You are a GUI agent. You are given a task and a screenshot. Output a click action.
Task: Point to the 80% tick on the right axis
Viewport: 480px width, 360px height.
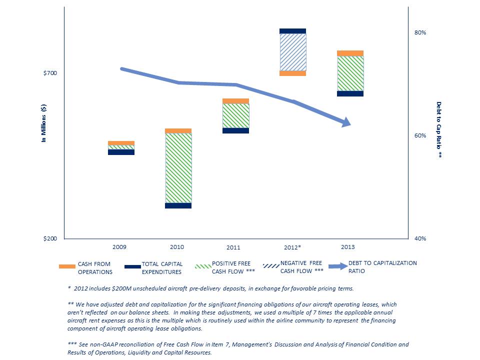(x=420, y=32)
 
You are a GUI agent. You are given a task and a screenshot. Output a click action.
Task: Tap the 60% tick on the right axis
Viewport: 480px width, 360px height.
(x=420, y=135)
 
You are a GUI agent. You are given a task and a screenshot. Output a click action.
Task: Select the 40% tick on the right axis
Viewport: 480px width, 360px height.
(x=420, y=238)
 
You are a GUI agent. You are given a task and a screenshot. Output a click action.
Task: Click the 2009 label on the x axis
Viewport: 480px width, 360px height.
(x=119, y=247)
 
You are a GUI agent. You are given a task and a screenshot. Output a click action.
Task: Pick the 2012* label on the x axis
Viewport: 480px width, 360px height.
(x=292, y=247)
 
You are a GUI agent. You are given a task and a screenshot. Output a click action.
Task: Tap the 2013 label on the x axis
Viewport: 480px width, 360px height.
(x=348, y=247)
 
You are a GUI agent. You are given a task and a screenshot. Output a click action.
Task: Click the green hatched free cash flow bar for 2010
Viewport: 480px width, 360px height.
(x=178, y=168)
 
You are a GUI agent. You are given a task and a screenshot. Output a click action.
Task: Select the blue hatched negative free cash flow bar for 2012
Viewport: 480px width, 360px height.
(x=293, y=52)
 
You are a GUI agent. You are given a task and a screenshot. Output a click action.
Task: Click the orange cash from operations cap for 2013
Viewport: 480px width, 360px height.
(x=350, y=53)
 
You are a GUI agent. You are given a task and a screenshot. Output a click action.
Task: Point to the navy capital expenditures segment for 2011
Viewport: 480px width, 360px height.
(x=236, y=130)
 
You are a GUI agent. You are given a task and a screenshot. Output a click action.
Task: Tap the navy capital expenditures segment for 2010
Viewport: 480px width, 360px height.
(x=178, y=205)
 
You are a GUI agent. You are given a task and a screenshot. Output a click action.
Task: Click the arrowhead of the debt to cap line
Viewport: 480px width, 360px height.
(x=346, y=123)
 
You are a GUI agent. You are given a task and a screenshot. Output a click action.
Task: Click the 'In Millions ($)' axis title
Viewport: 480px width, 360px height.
(x=44, y=123)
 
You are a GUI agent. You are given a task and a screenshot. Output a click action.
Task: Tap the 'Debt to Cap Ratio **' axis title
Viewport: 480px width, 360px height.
(x=439, y=129)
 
